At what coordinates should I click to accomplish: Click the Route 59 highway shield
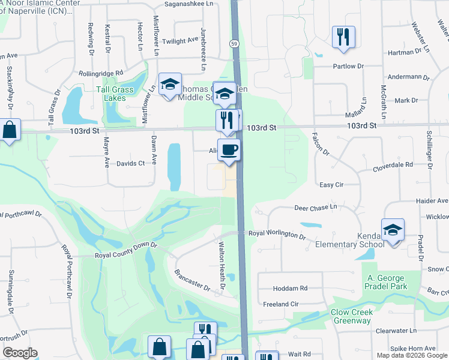(234, 44)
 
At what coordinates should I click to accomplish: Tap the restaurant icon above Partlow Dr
(343, 37)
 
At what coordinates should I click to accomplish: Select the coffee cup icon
(229, 149)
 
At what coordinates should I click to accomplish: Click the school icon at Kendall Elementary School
(393, 230)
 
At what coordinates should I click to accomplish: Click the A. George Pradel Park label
(387, 282)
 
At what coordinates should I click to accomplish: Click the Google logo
(20, 353)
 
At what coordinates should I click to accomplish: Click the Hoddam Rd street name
(289, 289)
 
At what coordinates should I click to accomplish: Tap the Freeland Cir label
(281, 304)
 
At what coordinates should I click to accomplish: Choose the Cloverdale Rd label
(393, 164)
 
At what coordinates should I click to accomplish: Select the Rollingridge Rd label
(101, 73)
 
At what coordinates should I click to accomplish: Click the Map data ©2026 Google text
(411, 355)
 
